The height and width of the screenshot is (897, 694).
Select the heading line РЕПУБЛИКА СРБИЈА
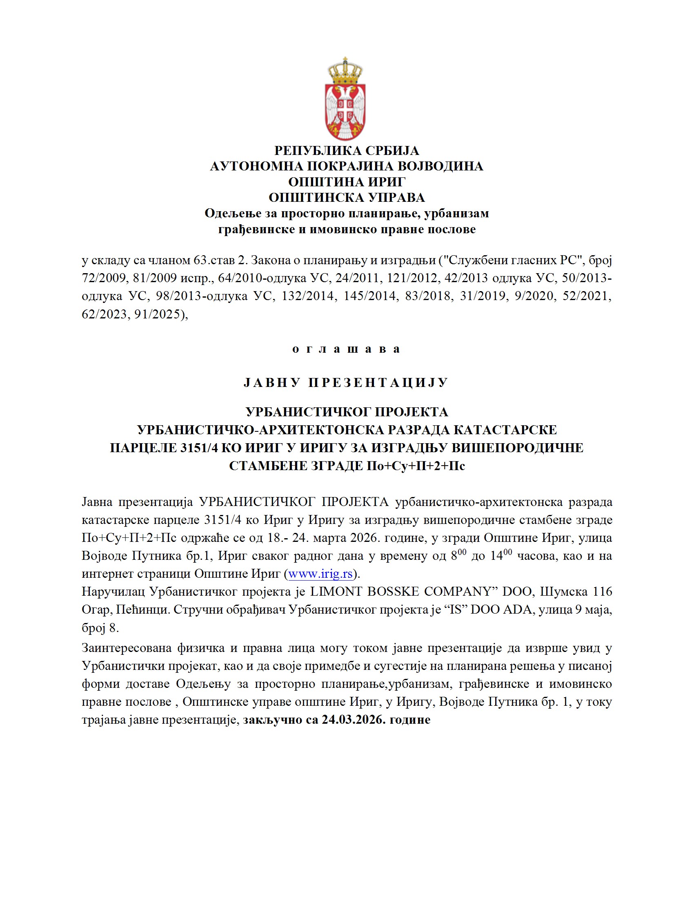(347, 151)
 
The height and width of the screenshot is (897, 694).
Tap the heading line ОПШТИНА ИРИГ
(347, 182)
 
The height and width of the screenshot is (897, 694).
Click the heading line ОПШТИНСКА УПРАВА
(347, 198)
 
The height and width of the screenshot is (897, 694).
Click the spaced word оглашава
(346, 349)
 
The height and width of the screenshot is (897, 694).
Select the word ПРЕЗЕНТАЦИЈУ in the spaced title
(378, 383)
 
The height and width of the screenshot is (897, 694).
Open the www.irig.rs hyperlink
(320, 574)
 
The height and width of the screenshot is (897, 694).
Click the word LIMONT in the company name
(335, 592)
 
